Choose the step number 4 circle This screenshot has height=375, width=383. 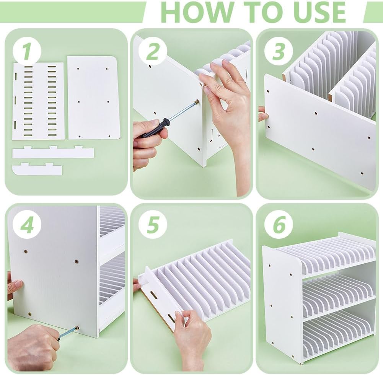click(x=26, y=225)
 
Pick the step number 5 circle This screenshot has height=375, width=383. click(x=153, y=225)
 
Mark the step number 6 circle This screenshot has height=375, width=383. click(x=278, y=225)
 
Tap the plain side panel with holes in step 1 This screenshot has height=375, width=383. click(x=93, y=98)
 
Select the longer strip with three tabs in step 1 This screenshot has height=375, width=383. click(x=53, y=152)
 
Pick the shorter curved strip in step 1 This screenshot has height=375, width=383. click(x=37, y=169)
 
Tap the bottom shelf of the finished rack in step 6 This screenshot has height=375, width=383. click(x=337, y=329)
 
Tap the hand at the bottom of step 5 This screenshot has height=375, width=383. click(x=191, y=341)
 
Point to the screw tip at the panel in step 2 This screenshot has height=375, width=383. click(x=196, y=103)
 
